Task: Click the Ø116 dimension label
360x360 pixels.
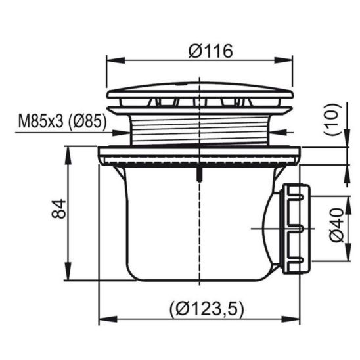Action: tap(210, 51)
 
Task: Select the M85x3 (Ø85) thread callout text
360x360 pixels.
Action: tap(62, 121)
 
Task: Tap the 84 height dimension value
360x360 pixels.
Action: tap(58, 208)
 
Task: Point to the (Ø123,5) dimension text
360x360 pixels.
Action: tap(206, 309)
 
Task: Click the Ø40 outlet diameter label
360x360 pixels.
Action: tap(337, 225)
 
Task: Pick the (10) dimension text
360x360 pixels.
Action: tap(332, 120)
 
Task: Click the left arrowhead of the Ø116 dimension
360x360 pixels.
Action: tap(116, 60)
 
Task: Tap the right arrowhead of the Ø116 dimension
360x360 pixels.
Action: tap(284, 60)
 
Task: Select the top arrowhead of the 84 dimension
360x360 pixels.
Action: tap(68, 156)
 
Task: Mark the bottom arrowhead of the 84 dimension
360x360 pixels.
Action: tap(68, 271)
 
